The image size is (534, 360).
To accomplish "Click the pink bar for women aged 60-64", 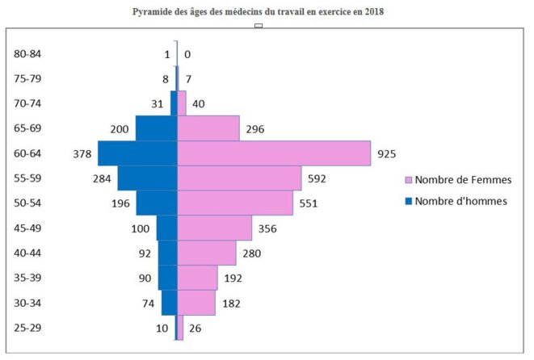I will point(274,153).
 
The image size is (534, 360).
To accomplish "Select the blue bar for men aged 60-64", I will point(137,153).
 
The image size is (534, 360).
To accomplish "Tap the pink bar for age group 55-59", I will point(239,178).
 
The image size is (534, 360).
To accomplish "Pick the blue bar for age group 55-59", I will point(147,178).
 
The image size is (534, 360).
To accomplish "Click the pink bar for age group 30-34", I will point(196,303).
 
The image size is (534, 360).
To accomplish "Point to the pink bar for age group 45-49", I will point(215,228).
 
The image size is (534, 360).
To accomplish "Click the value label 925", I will point(386,153).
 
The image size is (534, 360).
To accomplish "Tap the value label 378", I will point(79,153).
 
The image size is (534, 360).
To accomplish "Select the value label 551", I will point(309,203).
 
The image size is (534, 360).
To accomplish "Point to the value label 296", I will point(255,128).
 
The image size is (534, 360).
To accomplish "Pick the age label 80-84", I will point(27,54).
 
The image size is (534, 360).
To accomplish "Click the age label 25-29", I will point(27,328).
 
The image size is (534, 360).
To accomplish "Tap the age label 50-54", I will point(27,203).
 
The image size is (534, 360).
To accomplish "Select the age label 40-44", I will point(27,253).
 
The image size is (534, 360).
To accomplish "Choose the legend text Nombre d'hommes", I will point(460,201).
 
